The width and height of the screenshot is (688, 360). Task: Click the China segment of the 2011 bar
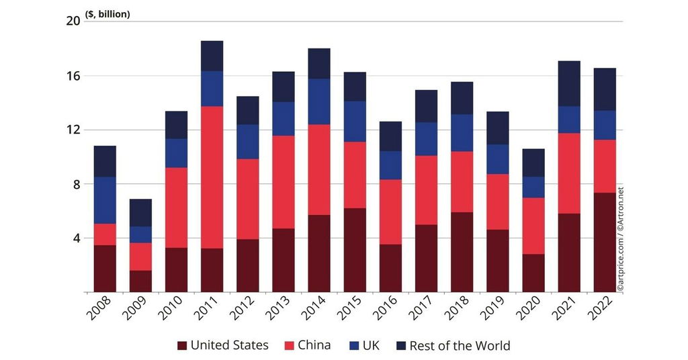(212, 177)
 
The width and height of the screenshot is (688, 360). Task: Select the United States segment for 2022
(604, 242)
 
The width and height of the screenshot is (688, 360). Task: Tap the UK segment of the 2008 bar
(105, 200)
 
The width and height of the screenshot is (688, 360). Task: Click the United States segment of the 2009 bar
(140, 281)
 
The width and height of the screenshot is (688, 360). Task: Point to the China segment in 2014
(319, 169)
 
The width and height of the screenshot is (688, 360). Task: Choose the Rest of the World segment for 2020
(533, 163)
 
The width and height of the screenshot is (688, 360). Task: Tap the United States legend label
(229, 346)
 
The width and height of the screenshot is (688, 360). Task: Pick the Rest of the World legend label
(460, 346)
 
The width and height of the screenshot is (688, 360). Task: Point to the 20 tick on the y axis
(73, 21)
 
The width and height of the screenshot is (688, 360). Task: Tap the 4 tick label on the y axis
(76, 238)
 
